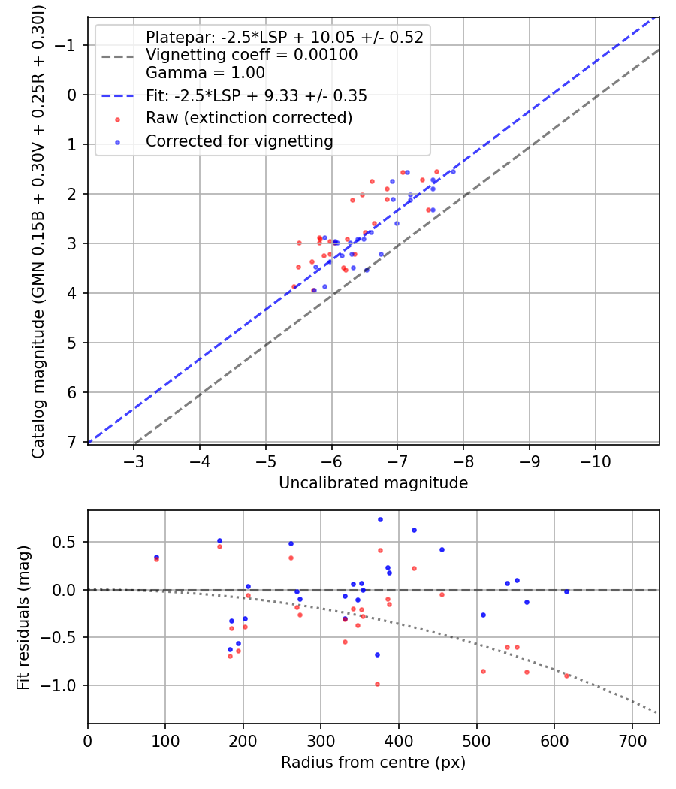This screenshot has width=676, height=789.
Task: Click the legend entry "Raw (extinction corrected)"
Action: (249, 118)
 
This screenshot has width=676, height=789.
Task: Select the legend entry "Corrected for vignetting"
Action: (239, 141)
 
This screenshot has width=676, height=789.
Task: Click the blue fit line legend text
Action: (256, 96)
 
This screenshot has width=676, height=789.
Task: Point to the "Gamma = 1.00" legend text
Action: (205, 74)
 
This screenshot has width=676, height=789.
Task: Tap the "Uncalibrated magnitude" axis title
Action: (373, 483)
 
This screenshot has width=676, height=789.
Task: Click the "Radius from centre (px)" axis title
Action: (373, 763)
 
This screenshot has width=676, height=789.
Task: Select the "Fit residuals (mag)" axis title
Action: (23, 617)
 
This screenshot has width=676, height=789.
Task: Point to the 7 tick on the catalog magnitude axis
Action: (73, 442)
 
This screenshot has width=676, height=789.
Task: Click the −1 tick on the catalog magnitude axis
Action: (68, 45)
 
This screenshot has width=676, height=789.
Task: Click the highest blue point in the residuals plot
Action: (380, 519)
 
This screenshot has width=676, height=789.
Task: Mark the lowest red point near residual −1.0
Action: (377, 684)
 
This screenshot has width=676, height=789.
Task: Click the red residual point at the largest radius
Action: (566, 676)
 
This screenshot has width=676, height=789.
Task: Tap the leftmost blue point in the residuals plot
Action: (156, 557)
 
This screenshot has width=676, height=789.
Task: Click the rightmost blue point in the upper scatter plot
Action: (453, 171)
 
